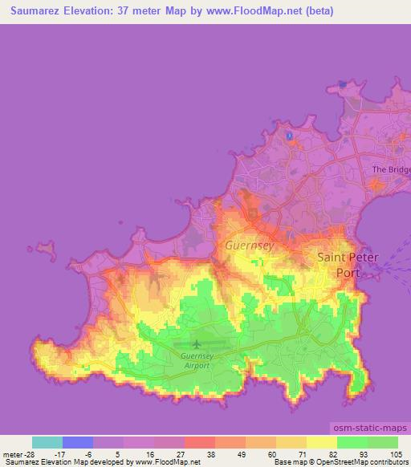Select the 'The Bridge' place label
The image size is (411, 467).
[x=392, y=170]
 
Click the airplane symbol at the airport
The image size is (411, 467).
[x=196, y=345]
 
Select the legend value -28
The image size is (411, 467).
[x=27, y=453]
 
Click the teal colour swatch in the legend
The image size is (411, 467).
[x=47, y=442]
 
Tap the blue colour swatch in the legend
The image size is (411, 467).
[x=77, y=442]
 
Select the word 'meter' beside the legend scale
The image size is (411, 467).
[x=11, y=453]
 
